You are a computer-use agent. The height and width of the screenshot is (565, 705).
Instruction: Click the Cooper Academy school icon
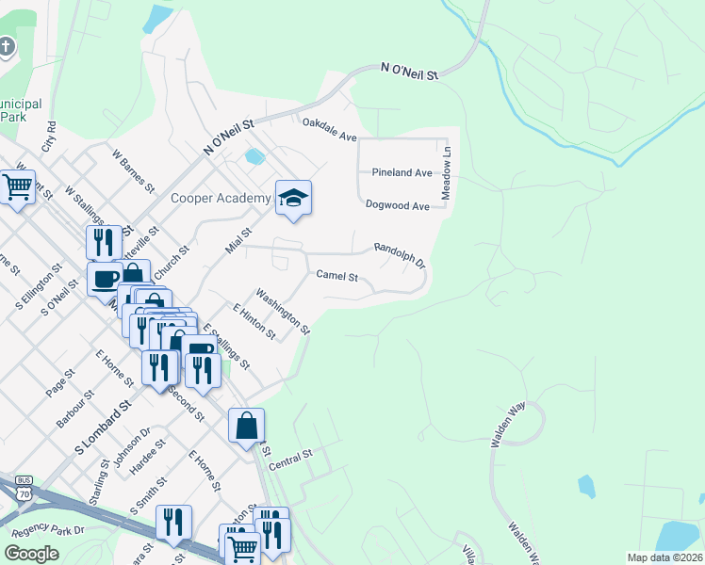(x=294, y=198)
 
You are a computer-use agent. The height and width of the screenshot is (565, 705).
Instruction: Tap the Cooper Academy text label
(x=220, y=198)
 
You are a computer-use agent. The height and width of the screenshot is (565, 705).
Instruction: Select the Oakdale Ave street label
(x=329, y=129)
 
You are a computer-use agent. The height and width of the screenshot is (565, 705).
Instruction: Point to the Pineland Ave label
(x=401, y=172)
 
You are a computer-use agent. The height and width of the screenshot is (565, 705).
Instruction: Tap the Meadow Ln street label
(x=448, y=164)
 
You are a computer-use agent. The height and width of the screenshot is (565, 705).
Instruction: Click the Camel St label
(x=337, y=276)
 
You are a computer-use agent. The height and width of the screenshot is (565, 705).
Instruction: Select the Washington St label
(x=283, y=311)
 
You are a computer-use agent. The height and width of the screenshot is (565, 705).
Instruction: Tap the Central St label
(x=290, y=461)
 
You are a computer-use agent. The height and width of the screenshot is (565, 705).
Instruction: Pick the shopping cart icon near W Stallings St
(x=18, y=187)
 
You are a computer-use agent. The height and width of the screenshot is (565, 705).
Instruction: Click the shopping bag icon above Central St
(x=246, y=426)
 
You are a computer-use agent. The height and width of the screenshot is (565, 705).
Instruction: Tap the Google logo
(x=32, y=554)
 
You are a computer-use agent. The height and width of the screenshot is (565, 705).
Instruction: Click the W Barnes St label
(x=132, y=169)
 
